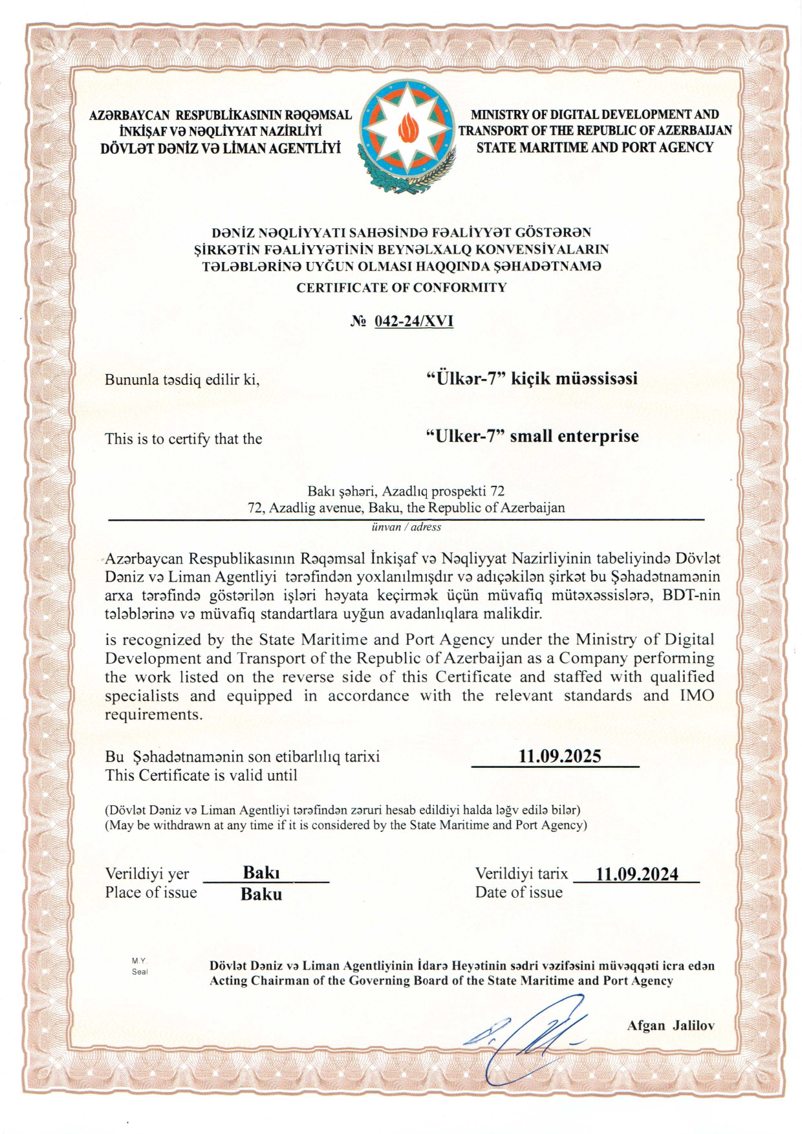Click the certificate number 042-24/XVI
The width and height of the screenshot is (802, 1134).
coord(413,322)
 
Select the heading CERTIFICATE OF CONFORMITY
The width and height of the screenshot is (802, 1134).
coord(401,288)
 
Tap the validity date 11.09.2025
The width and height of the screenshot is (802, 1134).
coord(559,756)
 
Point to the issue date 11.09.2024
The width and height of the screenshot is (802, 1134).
coord(636,875)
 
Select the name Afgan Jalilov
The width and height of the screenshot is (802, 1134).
coord(671,1025)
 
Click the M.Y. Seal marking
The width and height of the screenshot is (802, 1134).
coord(140,966)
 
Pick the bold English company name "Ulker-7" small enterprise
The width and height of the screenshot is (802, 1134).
coord(532,437)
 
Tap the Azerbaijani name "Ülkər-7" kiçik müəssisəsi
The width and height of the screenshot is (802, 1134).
coord(532,378)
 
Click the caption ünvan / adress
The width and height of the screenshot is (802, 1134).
coord(406,527)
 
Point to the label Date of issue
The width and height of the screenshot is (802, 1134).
coord(519,893)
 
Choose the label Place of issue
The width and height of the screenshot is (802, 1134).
coord(151,893)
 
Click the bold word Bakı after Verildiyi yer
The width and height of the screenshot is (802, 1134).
coord(261,873)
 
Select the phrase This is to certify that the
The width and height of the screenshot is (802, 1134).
coord(183,439)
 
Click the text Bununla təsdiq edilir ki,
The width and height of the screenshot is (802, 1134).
coord(182,380)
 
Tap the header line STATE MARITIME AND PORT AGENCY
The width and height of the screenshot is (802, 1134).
coord(594,147)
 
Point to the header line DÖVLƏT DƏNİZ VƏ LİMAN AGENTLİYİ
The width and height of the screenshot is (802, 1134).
coord(220,149)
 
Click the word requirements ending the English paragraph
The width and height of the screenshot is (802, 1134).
coord(153,715)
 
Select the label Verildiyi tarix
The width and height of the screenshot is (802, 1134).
coord(521,874)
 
